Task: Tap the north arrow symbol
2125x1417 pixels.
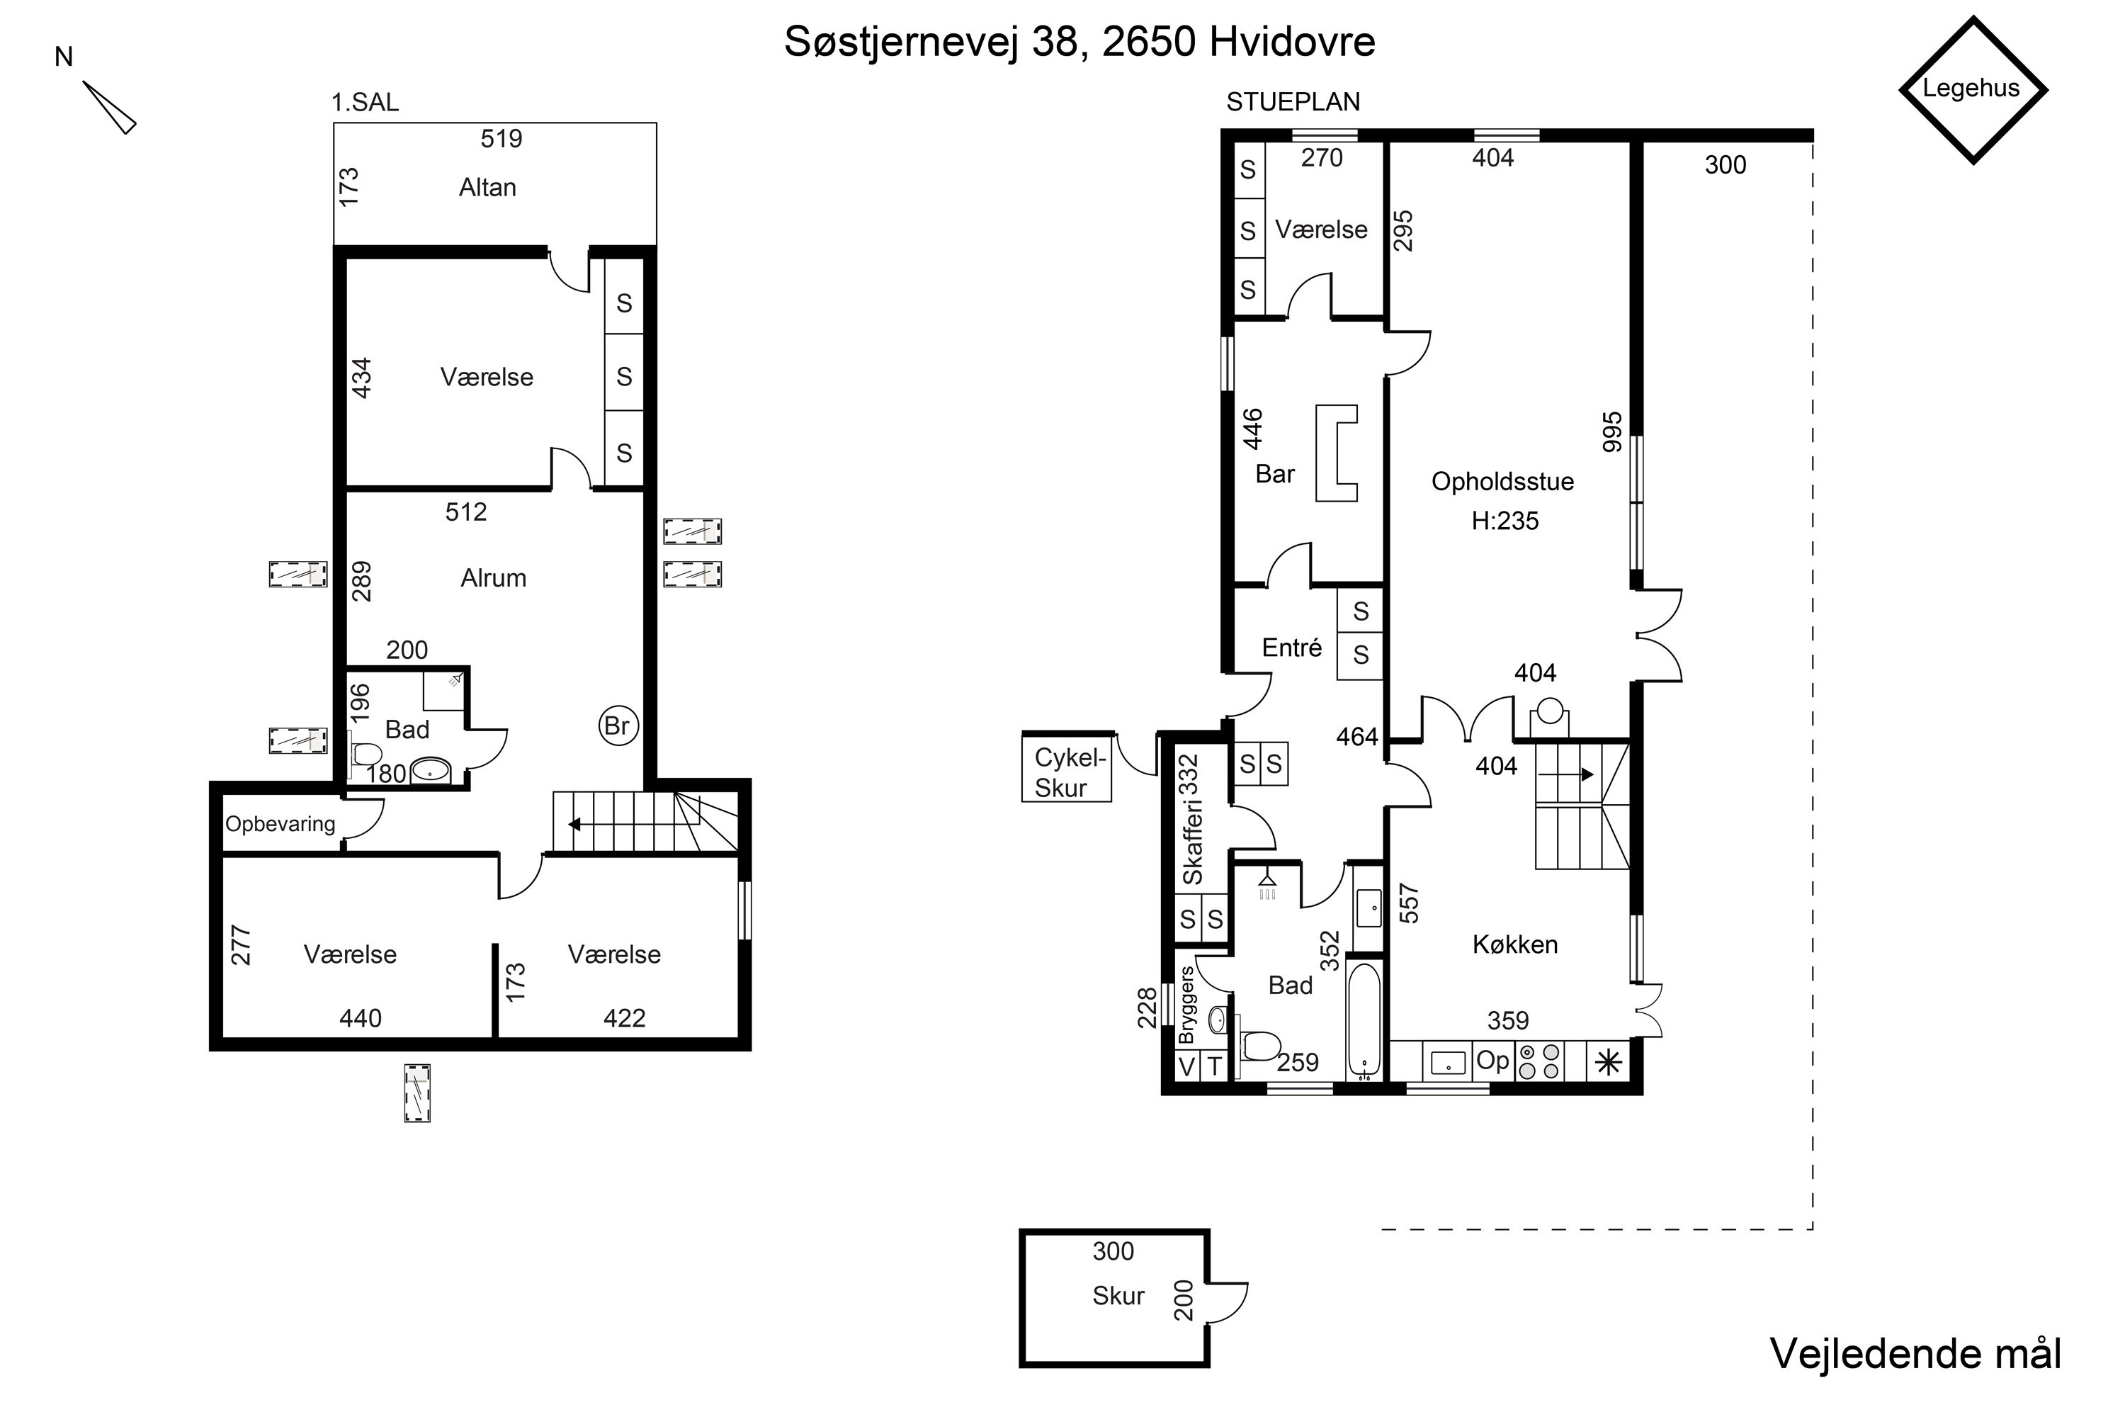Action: pyautogui.click(x=109, y=108)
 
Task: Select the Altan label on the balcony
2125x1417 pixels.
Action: pyautogui.click(x=488, y=187)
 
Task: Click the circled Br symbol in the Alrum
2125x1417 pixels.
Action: pyautogui.click(x=618, y=726)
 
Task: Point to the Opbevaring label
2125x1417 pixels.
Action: pyautogui.click(x=280, y=824)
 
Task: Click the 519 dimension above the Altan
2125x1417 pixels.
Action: pyautogui.click(x=501, y=138)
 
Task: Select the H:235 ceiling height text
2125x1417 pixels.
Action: pyautogui.click(x=1505, y=521)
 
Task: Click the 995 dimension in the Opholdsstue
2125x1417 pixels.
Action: pyautogui.click(x=1612, y=432)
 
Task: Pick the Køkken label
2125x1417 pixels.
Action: pyautogui.click(x=1515, y=944)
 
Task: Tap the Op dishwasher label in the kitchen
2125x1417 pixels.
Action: pyautogui.click(x=1492, y=1060)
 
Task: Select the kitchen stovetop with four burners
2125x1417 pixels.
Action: pyautogui.click(x=1539, y=1062)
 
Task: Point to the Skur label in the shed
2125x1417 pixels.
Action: pyautogui.click(x=1118, y=1296)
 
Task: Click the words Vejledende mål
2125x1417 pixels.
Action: pyautogui.click(x=1915, y=1354)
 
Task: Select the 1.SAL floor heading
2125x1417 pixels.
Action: pyautogui.click(x=365, y=102)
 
